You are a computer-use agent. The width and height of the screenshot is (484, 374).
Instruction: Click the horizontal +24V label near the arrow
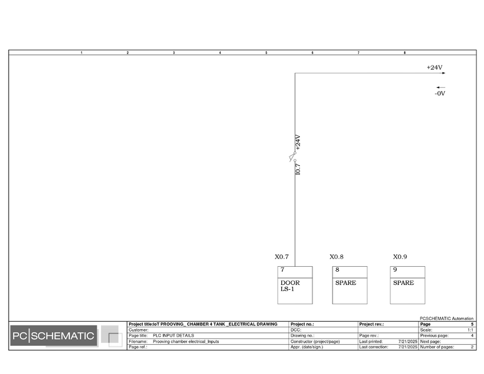pyautogui.click(x=435, y=67)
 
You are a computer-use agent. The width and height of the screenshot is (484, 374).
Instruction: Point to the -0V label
pyautogui.click(x=440, y=93)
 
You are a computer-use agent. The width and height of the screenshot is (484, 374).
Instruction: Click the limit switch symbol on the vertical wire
pyautogui.click(x=293, y=156)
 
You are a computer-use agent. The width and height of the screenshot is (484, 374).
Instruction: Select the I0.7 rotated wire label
pyautogui.click(x=298, y=169)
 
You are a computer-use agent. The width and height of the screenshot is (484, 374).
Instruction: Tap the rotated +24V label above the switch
pyautogui.click(x=298, y=142)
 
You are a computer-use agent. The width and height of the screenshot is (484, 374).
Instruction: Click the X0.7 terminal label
pyautogui.click(x=281, y=257)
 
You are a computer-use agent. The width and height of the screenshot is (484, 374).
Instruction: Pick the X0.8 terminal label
pyautogui.click(x=336, y=257)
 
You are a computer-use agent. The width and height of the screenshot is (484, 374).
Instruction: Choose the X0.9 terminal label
pyautogui.click(x=400, y=257)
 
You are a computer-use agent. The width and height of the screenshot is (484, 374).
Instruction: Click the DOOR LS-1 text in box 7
pyautogui.click(x=290, y=285)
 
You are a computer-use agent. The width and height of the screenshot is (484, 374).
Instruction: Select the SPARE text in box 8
pyautogui.click(x=346, y=282)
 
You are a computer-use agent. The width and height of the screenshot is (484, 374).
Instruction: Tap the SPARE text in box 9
pyautogui.click(x=404, y=282)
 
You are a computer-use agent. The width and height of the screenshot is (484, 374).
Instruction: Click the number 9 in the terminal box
pyautogui.click(x=395, y=270)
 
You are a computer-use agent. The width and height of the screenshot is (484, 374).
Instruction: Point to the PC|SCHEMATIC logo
pyautogui.click(x=54, y=336)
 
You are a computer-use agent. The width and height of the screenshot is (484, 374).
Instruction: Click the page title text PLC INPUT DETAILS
pyautogui.click(x=173, y=335)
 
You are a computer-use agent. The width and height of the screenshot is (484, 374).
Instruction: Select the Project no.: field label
pyautogui.click(x=302, y=324)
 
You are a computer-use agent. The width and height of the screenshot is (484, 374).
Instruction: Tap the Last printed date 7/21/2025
pyautogui.click(x=408, y=342)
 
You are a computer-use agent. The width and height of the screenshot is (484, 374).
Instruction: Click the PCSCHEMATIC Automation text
pyautogui.click(x=447, y=319)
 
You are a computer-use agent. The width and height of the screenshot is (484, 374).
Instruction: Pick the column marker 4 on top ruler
pyautogui.click(x=220, y=53)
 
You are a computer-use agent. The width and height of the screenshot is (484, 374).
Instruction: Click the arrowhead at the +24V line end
pyautogui.click(x=444, y=73)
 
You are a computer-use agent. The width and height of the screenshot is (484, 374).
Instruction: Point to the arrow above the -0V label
pyautogui.click(x=441, y=87)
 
